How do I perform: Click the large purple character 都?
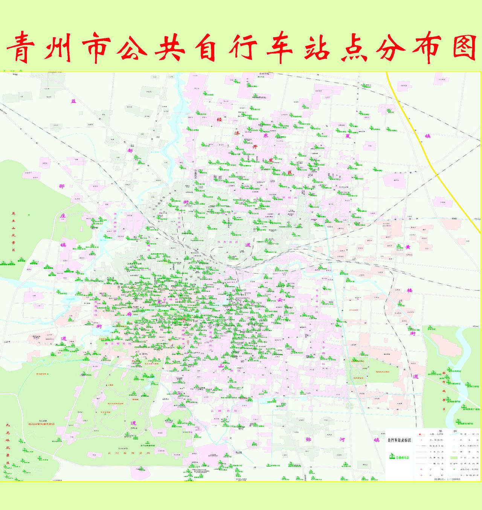[x=130, y=150]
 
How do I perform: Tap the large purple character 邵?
[x=62, y=186]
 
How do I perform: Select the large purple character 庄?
[x=63, y=216]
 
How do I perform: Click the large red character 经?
[x=219, y=119]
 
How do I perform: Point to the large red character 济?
[x=237, y=133]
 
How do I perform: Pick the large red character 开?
[x=255, y=147]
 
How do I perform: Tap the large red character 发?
[x=270, y=160]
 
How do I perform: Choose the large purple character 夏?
[x=348, y=136]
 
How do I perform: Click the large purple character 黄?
[x=408, y=247]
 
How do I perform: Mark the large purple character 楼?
[x=410, y=291]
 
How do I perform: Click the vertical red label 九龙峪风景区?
[x=8, y=446]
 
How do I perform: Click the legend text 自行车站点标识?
[x=399, y=440]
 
